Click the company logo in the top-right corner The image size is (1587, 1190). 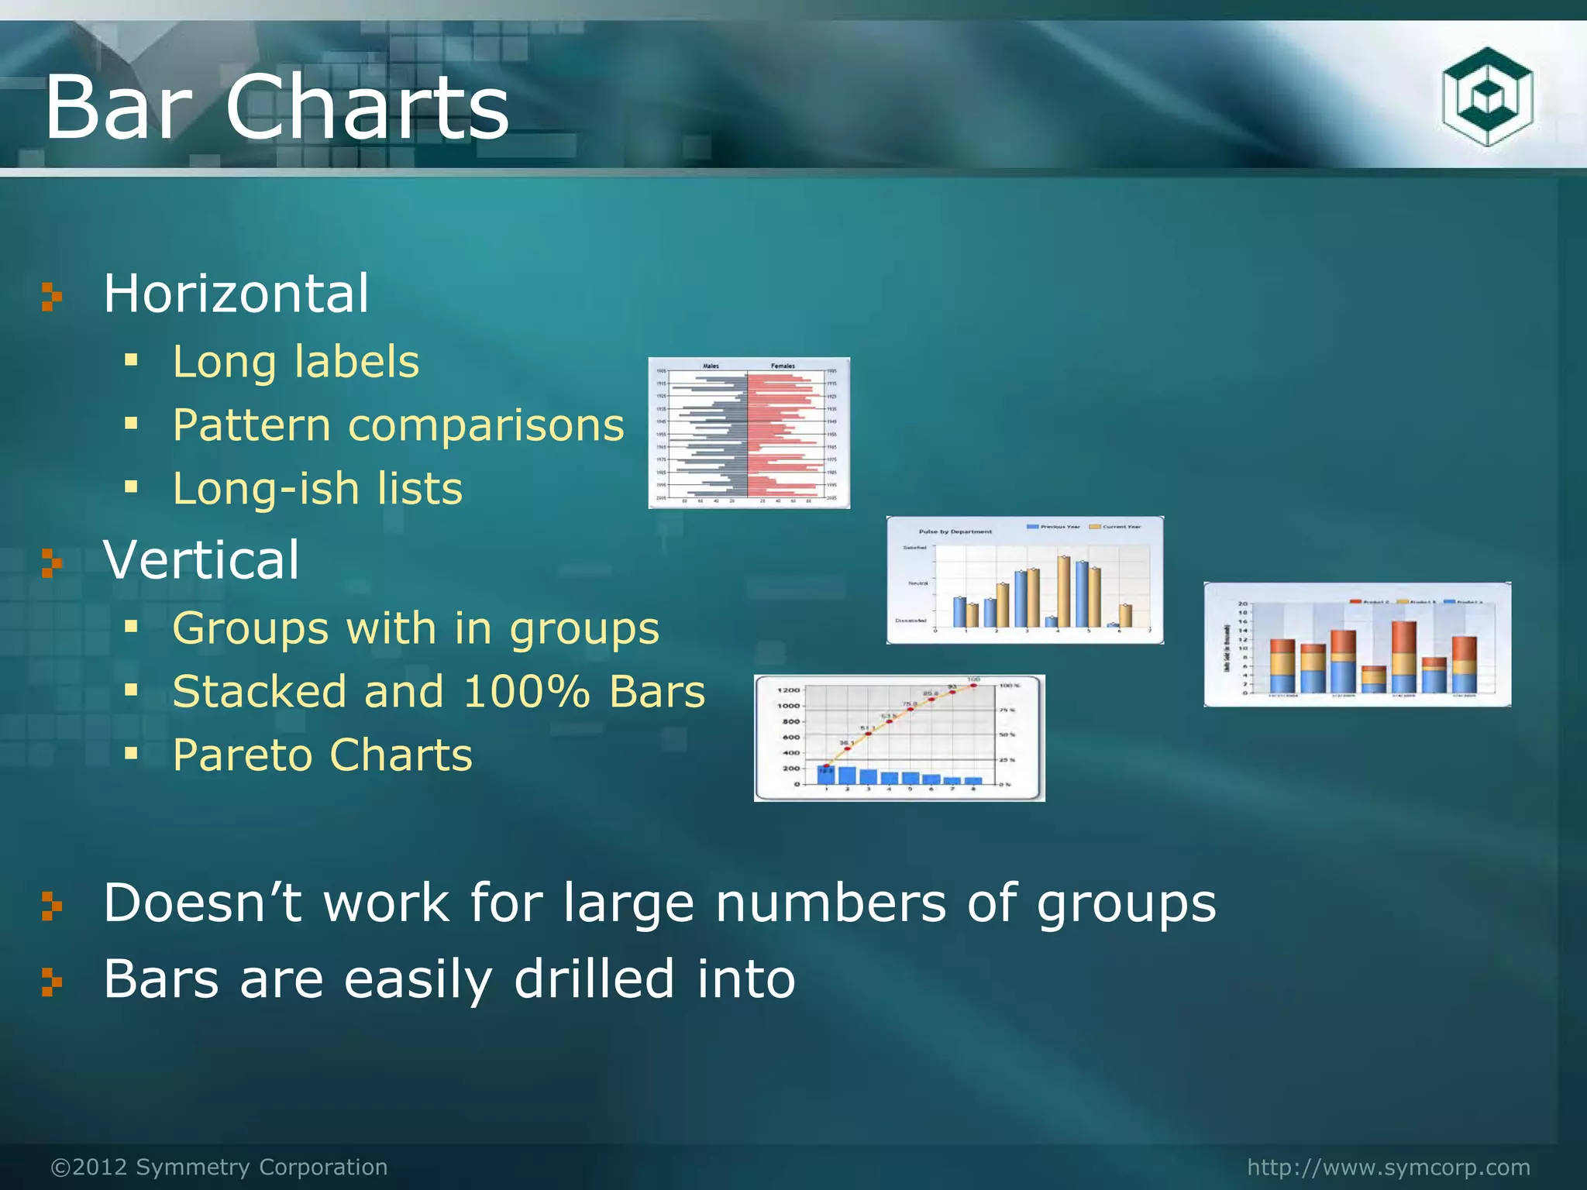(1487, 97)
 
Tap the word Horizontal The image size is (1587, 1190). (236, 294)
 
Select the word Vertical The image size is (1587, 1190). (201, 559)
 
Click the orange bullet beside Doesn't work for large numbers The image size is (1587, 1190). (51, 905)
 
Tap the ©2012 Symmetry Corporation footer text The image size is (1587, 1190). (219, 1167)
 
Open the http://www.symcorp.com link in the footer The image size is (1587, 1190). (1389, 1167)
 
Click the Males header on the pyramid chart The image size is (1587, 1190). (711, 366)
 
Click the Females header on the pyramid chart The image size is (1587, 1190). (783, 366)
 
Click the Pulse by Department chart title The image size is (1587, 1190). (955, 531)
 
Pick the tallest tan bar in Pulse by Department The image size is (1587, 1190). (1064, 591)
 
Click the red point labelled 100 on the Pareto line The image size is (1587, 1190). (973, 686)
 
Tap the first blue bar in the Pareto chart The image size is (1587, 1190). (826, 774)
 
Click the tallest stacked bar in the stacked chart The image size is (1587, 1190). (1404, 657)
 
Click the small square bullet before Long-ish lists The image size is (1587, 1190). (131, 487)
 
